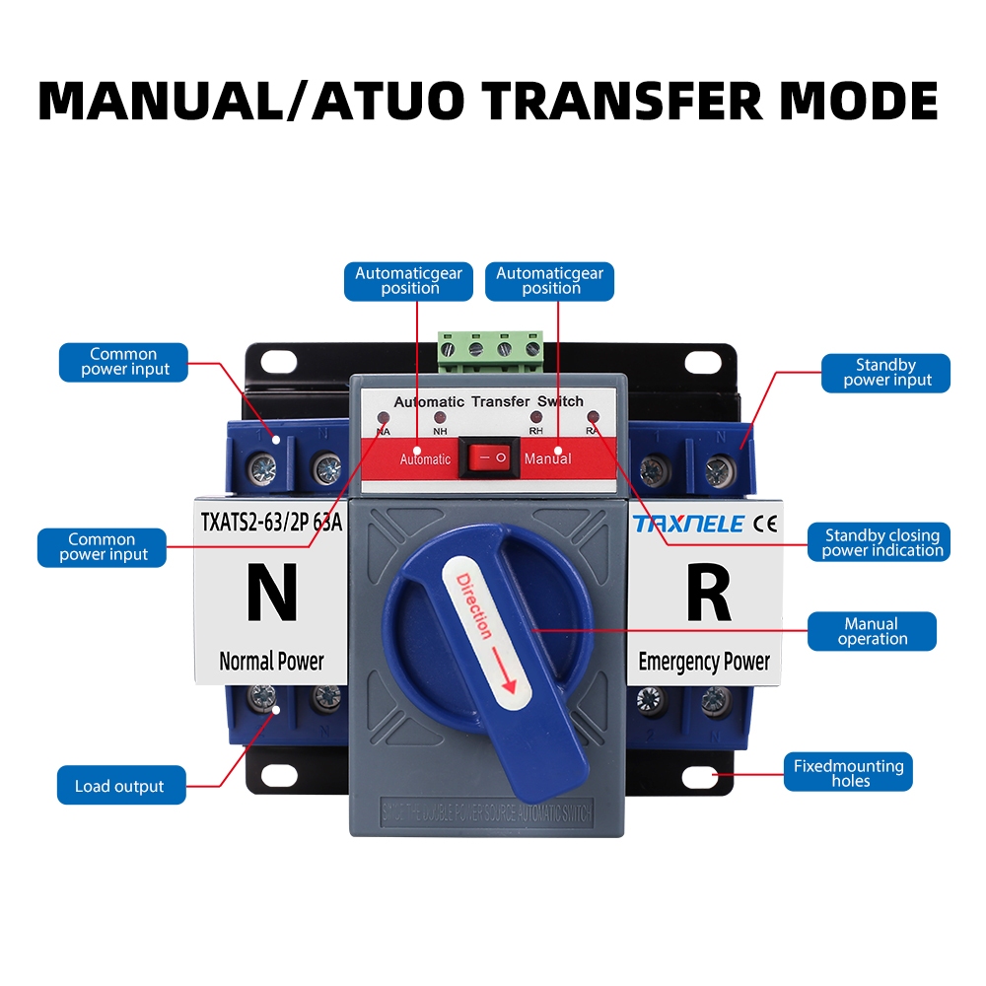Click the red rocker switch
coord(490,457)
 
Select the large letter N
coord(271,593)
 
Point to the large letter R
coord(707,593)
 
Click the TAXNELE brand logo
coord(688,524)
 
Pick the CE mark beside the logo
coord(764,524)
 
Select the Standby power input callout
coord(886,373)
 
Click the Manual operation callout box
coord(872,631)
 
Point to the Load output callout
coord(120,786)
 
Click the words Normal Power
coord(271,661)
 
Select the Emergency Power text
coord(704,661)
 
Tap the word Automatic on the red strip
coord(425,459)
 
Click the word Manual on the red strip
coord(548,458)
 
